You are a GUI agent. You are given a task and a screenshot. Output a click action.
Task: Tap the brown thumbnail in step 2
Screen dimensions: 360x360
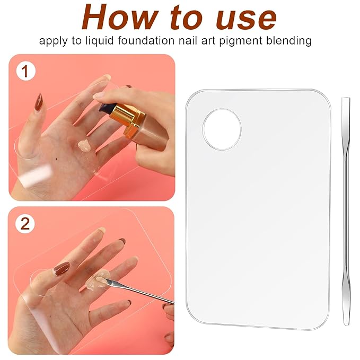click(62, 268)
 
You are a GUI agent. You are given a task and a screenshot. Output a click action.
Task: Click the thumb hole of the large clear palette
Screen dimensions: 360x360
click(222, 129)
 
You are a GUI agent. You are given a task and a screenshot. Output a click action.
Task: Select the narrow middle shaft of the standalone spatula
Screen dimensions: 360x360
click(346, 212)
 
